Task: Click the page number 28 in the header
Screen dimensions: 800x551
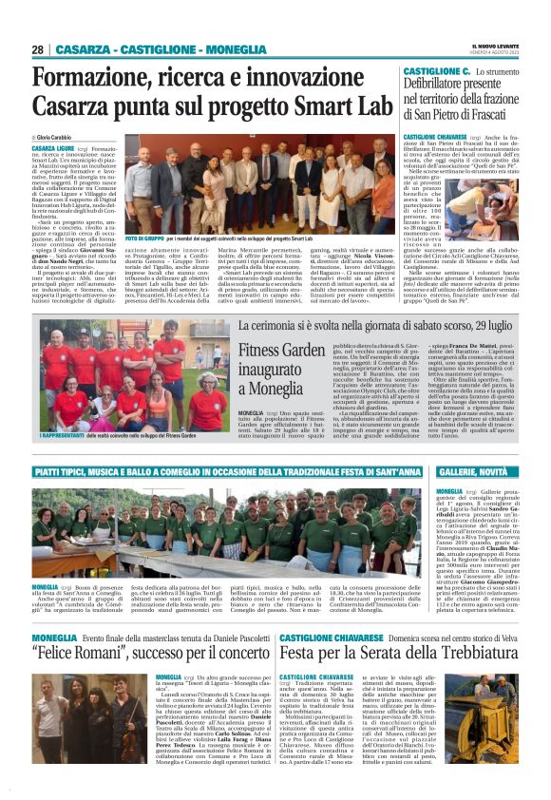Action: (38, 49)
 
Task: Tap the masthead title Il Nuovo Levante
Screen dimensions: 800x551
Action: (495, 46)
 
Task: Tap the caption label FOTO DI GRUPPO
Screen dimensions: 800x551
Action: (144, 237)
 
